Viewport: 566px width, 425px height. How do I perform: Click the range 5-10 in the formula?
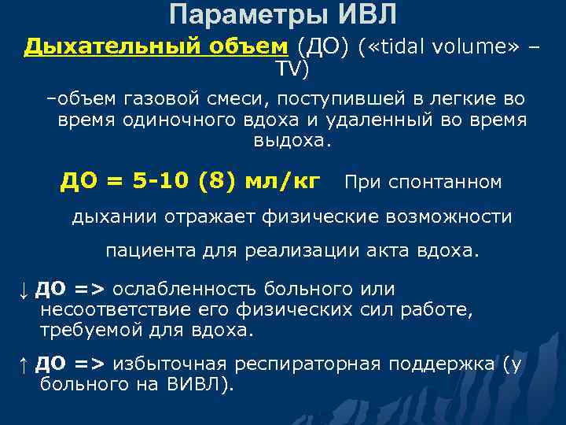click(x=161, y=182)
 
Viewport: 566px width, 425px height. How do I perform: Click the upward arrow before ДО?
click(x=24, y=365)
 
